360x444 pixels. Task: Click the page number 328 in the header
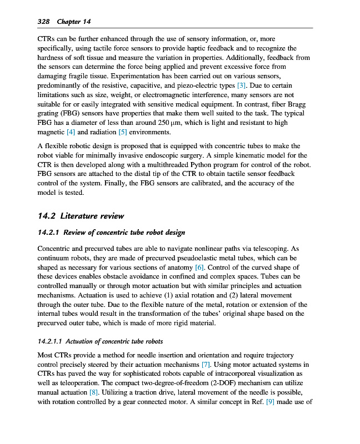43,22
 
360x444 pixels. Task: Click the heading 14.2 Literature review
81,215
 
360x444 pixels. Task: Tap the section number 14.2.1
48,232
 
